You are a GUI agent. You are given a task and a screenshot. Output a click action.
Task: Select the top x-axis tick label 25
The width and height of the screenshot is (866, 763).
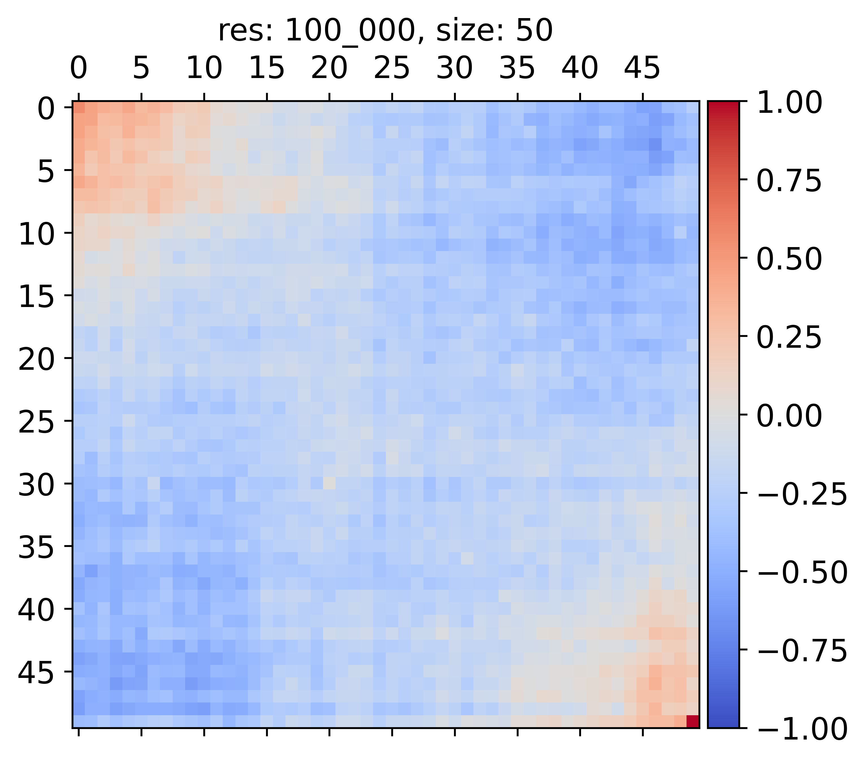(x=392, y=68)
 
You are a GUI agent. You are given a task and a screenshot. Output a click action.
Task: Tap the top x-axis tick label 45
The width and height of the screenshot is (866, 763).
(x=642, y=68)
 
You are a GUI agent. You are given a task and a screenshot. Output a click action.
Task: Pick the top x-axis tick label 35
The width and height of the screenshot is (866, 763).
(x=517, y=68)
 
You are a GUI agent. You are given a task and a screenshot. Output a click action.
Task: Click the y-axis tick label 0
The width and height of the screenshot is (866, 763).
(x=46, y=109)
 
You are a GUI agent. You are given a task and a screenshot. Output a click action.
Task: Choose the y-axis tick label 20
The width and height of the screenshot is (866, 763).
(x=36, y=360)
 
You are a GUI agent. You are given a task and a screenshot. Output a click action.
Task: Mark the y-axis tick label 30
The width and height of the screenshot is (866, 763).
(x=36, y=485)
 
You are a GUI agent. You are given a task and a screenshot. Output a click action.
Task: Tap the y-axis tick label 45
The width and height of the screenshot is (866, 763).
(x=36, y=673)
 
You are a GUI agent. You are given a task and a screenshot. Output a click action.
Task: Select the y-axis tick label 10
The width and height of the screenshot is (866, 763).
(x=36, y=234)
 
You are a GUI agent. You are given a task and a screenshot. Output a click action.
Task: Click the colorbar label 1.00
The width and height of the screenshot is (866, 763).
(x=789, y=103)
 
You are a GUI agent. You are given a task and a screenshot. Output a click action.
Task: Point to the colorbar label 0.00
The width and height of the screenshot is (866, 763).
(x=789, y=416)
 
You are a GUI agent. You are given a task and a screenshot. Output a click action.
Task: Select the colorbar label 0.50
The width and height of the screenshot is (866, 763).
(x=789, y=259)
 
